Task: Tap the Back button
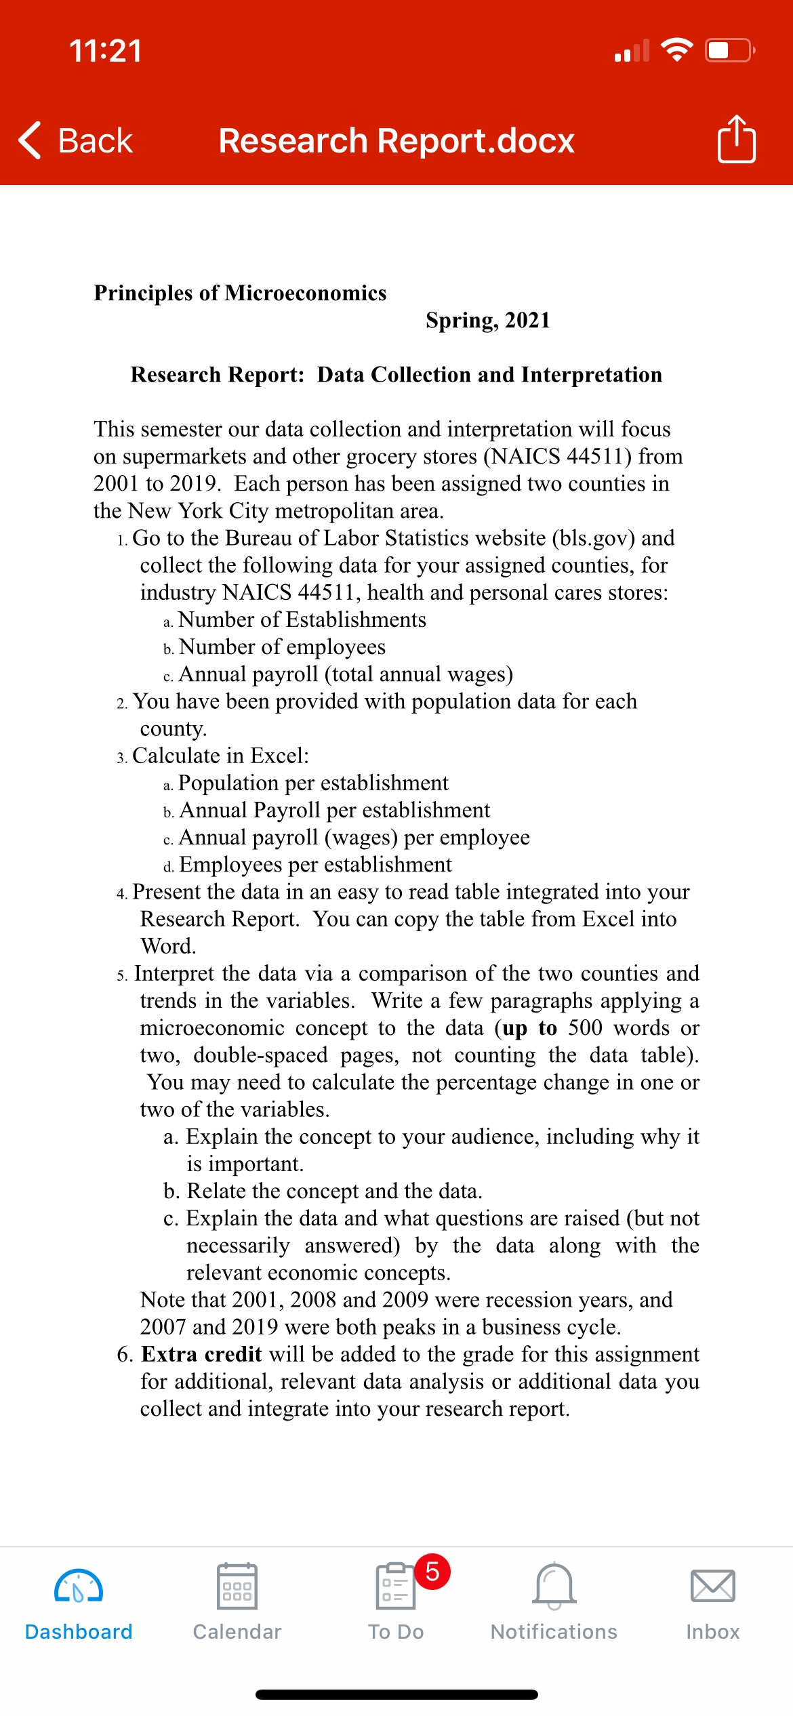point(76,141)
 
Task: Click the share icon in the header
point(736,140)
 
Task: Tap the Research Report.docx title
point(396,141)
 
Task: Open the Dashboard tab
point(79,1603)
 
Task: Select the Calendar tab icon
point(237,1586)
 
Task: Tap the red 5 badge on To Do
point(432,1572)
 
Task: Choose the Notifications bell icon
point(554,1586)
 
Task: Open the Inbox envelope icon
point(712,1586)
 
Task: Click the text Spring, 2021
point(487,320)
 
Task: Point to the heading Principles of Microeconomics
point(240,293)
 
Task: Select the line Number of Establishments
point(302,619)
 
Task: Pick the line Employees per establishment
point(315,865)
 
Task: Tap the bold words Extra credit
point(201,1354)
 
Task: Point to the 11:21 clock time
point(106,51)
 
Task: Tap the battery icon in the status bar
point(729,51)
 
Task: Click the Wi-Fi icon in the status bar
point(676,50)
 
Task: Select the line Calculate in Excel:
point(220,756)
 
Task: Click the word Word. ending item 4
point(168,946)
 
